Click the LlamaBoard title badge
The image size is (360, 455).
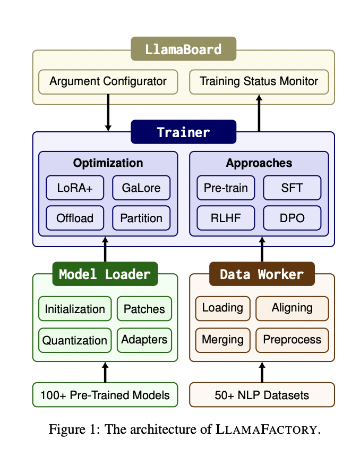184,49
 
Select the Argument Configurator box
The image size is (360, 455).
108,82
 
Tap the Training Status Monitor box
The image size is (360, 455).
259,82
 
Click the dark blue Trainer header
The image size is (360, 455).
184,132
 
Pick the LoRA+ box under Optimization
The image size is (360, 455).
75,188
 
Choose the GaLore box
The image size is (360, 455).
141,188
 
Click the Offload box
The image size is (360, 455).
75,218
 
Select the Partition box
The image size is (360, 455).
141,218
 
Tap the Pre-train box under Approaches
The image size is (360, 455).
226,188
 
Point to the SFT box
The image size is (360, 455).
292,188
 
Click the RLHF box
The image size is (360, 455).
226,218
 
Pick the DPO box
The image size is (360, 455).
292,218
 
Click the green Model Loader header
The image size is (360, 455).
105,274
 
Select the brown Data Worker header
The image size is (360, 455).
262,274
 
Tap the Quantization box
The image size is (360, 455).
75,340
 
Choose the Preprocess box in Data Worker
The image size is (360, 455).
292,340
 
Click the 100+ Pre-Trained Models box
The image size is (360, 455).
105,395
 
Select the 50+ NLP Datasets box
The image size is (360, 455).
262,395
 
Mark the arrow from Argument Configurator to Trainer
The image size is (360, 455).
108,113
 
